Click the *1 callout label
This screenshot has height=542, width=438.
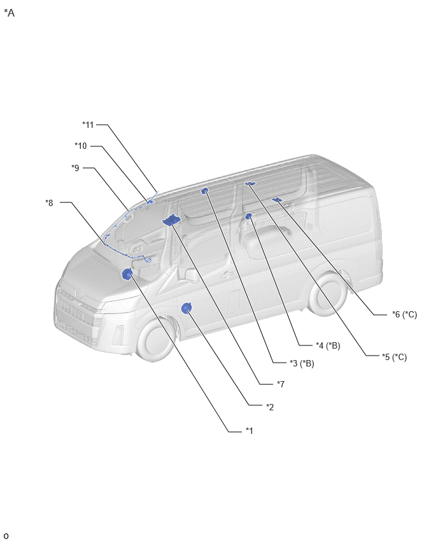click(x=250, y=431)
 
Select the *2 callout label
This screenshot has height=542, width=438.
click(x=270, y=407)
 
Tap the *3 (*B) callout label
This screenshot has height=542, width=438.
click(x=302, y=363)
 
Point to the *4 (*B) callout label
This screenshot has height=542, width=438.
click(x=328, y=345)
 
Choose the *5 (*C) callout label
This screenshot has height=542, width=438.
click(x=395, y=357)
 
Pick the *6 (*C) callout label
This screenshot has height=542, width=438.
click(x=404, y=314)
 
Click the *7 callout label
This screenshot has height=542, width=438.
click(x=281, y=384)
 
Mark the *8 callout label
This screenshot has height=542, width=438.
click(x=49, y=202)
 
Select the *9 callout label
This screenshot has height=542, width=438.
click(x=75, y=168)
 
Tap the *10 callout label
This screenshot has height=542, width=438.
click(x=81, y=146)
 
